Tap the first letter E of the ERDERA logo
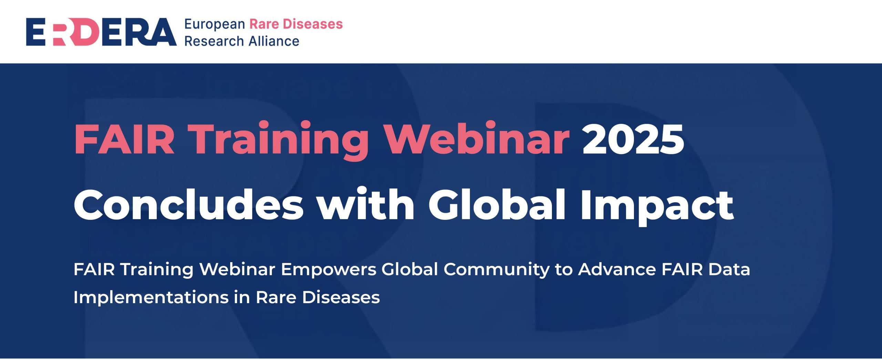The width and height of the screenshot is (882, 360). pos(36,32)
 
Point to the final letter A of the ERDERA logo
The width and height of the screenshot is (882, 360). pos(162,32)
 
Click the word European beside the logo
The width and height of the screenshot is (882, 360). pos(215,24)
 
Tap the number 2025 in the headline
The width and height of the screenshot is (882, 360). pos(633,139)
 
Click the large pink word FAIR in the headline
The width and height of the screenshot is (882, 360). pos(124,139)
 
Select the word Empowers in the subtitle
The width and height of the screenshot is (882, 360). pos(329,269)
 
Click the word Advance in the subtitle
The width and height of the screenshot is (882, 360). pos(617,269)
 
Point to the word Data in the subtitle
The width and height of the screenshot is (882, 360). pos(729,269)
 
